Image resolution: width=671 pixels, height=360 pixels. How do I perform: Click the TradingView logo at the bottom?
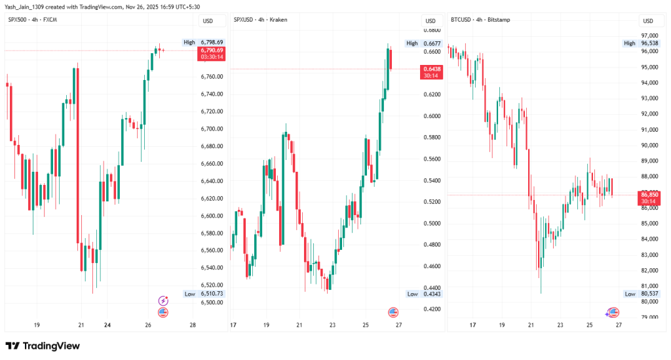coord(43,346)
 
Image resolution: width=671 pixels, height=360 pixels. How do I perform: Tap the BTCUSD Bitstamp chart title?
coord(480,20)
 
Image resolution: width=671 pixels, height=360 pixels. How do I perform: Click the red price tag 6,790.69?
coord(212,50)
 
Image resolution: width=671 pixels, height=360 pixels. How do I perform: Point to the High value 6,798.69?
coord(212,42)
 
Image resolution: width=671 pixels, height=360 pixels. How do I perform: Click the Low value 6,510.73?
coord(212,294)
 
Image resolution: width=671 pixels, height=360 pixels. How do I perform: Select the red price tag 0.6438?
coord(431,69)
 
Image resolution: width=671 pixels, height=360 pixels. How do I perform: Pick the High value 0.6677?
coord(433,43)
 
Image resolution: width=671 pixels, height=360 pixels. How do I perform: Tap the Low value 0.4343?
coord(433,294)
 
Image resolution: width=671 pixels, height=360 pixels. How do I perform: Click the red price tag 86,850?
coord(649,195)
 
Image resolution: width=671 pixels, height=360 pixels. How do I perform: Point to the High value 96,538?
coord(649,43)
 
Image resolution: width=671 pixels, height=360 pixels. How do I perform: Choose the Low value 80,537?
coord(649,294)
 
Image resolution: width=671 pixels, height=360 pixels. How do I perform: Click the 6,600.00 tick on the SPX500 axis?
coord(212,216)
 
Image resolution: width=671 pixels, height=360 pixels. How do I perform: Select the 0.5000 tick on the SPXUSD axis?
coord(432,223)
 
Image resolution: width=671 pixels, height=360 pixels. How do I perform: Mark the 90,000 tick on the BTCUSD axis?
coord(649,146)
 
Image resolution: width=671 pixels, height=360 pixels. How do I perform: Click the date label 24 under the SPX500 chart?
coord(107,325)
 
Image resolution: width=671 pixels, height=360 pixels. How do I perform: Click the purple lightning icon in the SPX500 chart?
coord(163,301)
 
